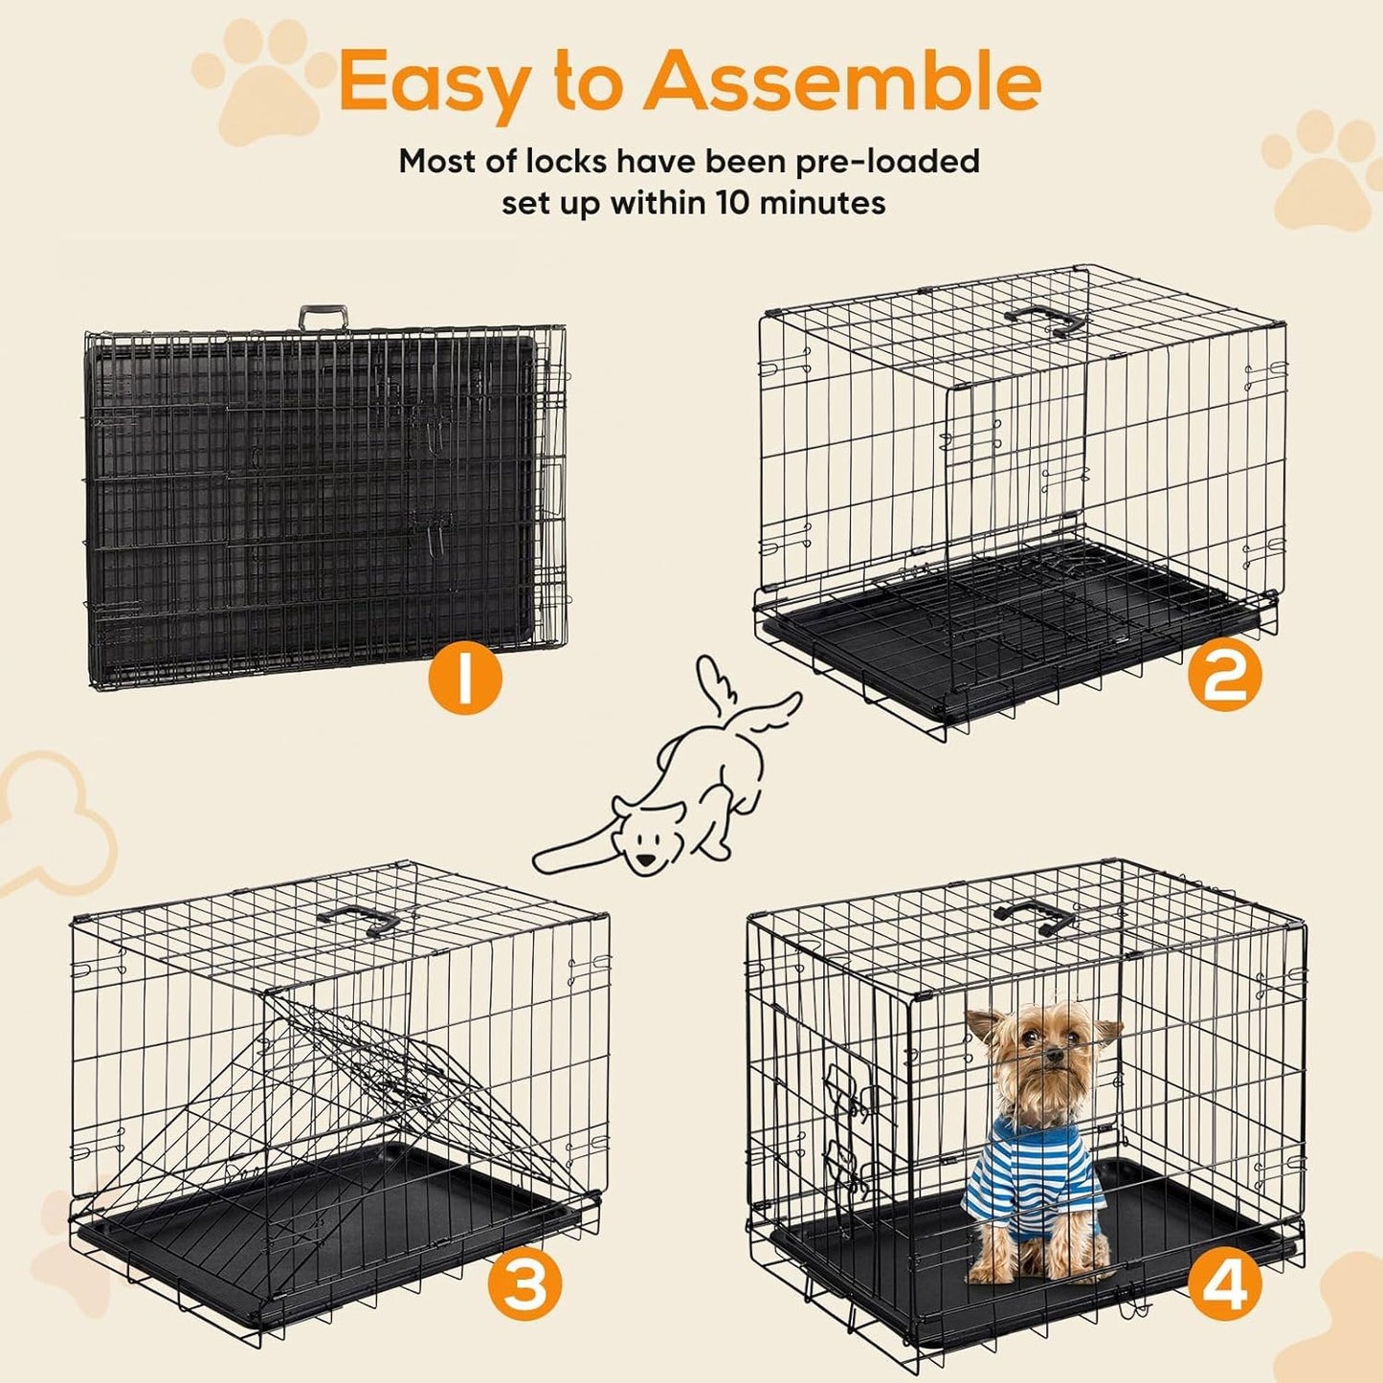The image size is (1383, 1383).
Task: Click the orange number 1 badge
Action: [464, 679]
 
